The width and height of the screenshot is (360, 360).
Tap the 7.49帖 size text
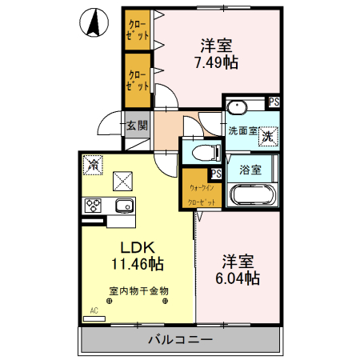[x=218, y=62]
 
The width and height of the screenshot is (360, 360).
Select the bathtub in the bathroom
[x=253, y=195]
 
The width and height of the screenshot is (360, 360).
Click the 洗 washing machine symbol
[x=267, y=136]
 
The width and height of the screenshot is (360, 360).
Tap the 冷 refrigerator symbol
[x=93, y=164]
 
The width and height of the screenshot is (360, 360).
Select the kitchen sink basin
[x=124, y=206]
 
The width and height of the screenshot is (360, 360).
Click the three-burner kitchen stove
[x=93, y=206]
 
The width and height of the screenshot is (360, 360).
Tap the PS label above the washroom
[x=274, y=102]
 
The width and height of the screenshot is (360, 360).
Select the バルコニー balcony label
[x=180, y=339]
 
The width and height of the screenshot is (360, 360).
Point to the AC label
[x=94, y=310]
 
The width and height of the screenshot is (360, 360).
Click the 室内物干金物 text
[x=138, y=290]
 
